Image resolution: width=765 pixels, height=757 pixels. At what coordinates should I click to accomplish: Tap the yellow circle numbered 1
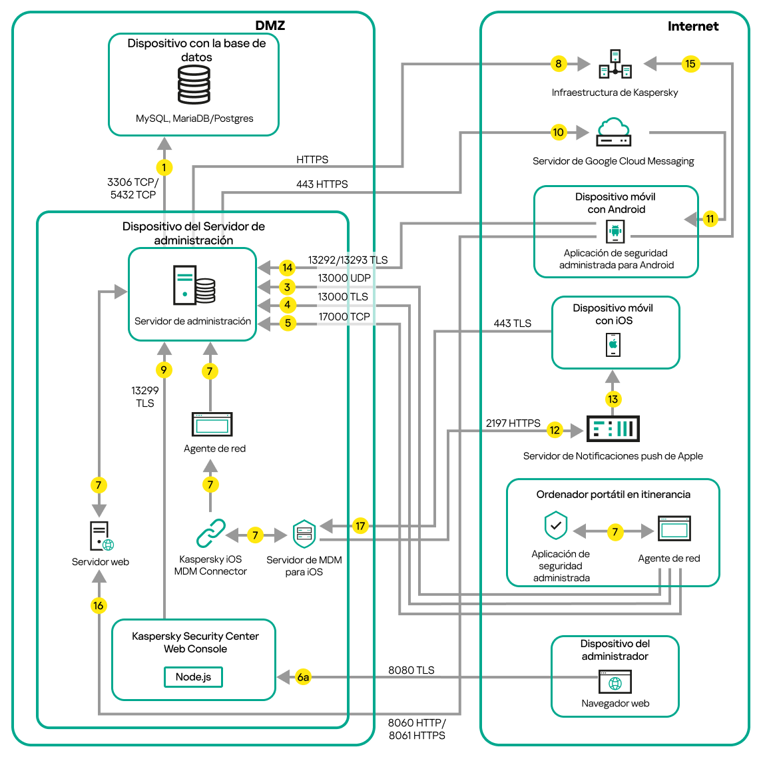164,167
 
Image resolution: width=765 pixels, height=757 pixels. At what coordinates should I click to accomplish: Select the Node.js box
193,677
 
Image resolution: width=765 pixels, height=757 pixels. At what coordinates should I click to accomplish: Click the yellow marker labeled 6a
303,677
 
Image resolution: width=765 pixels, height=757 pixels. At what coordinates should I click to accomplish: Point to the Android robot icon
615,232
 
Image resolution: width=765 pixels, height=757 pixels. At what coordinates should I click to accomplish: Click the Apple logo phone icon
613,345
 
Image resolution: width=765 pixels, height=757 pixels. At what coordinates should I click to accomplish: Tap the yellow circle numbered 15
690,64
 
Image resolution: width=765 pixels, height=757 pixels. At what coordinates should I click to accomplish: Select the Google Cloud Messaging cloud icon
613,132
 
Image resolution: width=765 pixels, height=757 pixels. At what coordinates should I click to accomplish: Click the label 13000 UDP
344,278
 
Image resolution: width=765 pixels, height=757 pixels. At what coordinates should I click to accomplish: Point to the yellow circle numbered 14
287,268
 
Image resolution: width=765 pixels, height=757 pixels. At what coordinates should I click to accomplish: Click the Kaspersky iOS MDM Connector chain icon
210,533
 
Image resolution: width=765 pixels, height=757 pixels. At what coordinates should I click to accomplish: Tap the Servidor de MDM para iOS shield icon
304,533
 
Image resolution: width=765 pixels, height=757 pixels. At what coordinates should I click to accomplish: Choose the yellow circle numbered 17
360,526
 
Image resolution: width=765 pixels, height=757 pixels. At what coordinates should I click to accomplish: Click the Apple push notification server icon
613,429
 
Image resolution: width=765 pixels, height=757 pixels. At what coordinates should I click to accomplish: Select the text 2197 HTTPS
513,423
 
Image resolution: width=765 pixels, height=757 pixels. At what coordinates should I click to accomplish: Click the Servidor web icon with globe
101,537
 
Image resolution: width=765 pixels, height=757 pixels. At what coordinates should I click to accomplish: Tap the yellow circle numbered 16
99,605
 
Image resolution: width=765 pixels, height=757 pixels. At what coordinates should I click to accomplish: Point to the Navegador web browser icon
615,682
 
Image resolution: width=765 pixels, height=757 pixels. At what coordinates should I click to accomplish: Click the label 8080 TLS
411,670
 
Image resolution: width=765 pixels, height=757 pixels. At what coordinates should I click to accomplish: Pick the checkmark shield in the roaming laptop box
556,526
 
